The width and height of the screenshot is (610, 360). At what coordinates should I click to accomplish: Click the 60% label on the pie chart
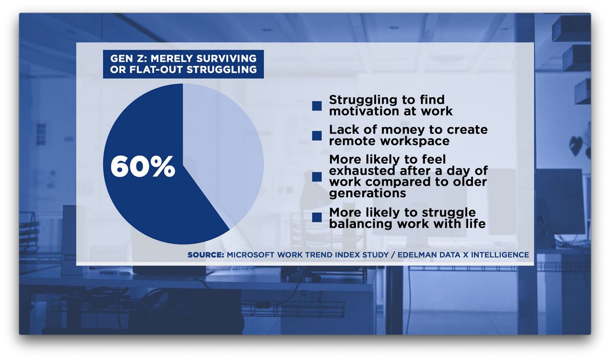click(142, 166)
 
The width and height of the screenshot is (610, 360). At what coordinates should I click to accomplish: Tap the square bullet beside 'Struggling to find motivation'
click(317, 106)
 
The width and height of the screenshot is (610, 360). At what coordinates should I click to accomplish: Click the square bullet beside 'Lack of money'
click(317, 135)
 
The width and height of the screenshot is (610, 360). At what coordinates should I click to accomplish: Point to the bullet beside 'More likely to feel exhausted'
click(317, 176)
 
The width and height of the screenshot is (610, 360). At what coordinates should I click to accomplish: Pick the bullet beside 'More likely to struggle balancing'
click(317, 217)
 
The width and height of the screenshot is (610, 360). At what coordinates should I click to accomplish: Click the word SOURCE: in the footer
click(205, 255)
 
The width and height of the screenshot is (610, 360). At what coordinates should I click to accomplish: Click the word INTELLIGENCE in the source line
click(500, 255)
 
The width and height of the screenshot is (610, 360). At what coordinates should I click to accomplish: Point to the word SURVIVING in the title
click(226, 58)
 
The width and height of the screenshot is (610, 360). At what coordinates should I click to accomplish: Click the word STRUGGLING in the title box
click(222, 70)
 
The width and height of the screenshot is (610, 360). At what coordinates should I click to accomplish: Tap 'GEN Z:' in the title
click(129, 58)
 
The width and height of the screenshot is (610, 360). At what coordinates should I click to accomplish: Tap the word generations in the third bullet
click(367, 193)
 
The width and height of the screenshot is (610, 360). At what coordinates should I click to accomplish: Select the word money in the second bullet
click(403, 130)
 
